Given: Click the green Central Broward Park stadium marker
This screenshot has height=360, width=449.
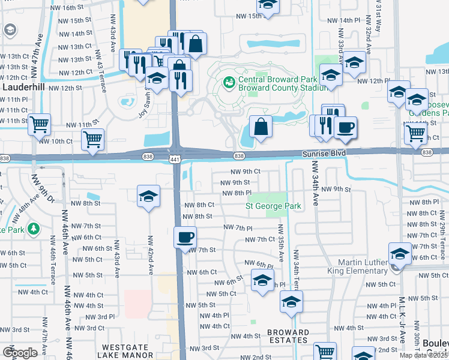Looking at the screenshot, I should pyautogui.click(x=228, y=81).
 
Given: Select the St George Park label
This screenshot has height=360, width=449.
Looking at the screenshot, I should pyautogui.click(x=273, y=206).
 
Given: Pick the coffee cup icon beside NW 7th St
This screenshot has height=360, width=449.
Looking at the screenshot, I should pyautogui.click(x=185, y=236).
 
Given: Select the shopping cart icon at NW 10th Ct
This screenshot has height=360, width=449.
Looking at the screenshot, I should pyautogui.click(x=92, y=139).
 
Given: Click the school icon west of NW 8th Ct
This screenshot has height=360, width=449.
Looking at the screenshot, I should pyautogui.click(x=148, y=196).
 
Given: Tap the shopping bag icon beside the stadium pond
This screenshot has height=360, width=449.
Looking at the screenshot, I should pyautogui.click(x=261, y=127).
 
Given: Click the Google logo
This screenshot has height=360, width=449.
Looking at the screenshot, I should pyautogui.click(x=19, y=353).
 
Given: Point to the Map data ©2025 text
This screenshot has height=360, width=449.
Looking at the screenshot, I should pyautogui.click(x=424, y=355).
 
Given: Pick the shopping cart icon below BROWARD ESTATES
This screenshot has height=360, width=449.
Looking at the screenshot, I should pyautogui.click(x=325, y=351).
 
